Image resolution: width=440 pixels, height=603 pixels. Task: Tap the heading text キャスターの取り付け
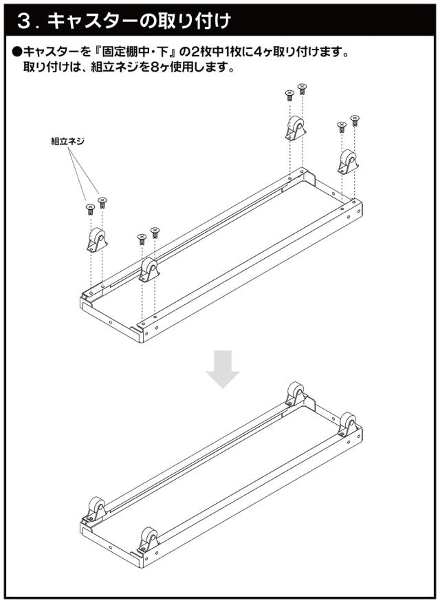point(140,21)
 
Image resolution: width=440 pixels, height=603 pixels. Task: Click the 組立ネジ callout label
point(67,141)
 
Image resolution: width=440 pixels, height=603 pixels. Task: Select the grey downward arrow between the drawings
point(222,369)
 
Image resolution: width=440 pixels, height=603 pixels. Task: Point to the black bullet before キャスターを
point(18,52)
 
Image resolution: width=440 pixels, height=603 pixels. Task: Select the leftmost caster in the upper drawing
point(97,240)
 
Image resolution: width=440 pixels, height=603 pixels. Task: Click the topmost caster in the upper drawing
point(295,127)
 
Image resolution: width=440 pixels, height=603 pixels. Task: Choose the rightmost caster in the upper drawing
point(348,162)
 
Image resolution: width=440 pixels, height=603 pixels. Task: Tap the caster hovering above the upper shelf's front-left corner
point(149,270)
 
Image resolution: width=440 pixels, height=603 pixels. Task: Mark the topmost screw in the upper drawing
point(302,89)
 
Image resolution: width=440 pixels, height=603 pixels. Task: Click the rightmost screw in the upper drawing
point(355,120)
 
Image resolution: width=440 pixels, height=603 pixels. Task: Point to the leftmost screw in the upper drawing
point(90,209)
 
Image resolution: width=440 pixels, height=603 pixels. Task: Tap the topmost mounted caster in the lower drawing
point(296,394)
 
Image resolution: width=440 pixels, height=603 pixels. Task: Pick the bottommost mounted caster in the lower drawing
point(148,539)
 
